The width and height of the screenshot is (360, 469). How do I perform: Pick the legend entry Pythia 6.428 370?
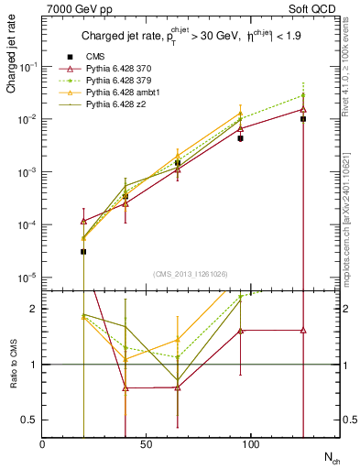point(119,69)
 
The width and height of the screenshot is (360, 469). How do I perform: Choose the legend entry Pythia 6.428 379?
point(119,81)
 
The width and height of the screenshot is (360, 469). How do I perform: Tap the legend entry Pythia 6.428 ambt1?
point(122,93)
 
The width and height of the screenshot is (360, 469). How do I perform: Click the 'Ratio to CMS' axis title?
point(11,365)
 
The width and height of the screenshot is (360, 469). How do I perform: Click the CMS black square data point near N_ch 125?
point(303,119)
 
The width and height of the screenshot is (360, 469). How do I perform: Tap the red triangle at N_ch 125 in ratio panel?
point(303,330)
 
